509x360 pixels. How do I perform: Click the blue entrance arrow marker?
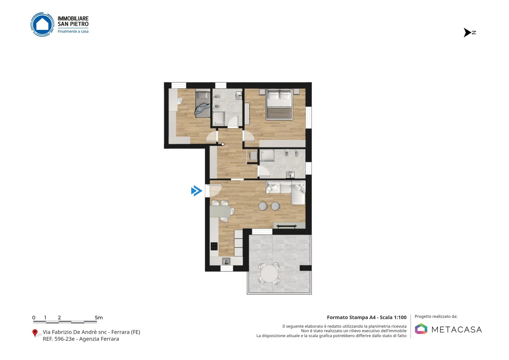click(197, 191)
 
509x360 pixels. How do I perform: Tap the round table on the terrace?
click(269, 274)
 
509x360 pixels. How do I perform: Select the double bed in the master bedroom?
click(279, 104)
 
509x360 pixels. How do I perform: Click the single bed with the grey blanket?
click(203, 104)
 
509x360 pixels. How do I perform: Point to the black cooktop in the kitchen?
click(214, 246)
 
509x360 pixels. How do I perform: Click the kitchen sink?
click(226, 261)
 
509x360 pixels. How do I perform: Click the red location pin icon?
click(35, 333)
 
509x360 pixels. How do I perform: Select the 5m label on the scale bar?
click(99, 318)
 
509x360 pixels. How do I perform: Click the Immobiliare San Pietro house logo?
click(42, 24)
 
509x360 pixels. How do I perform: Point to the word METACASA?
click(457, 330)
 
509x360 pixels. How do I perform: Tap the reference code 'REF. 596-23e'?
click(59, 339)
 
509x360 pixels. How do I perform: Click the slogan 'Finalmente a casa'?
click(73, 31)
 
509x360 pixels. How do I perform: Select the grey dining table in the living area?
click(220, 211)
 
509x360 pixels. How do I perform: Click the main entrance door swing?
click(215, 191)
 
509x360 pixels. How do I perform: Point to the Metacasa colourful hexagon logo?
click(421, 329)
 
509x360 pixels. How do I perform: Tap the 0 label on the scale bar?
click(34, 318)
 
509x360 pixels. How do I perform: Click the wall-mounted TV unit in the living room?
click(289, 226)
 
